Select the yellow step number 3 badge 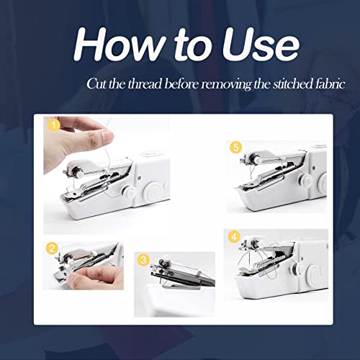pos(143,259)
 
